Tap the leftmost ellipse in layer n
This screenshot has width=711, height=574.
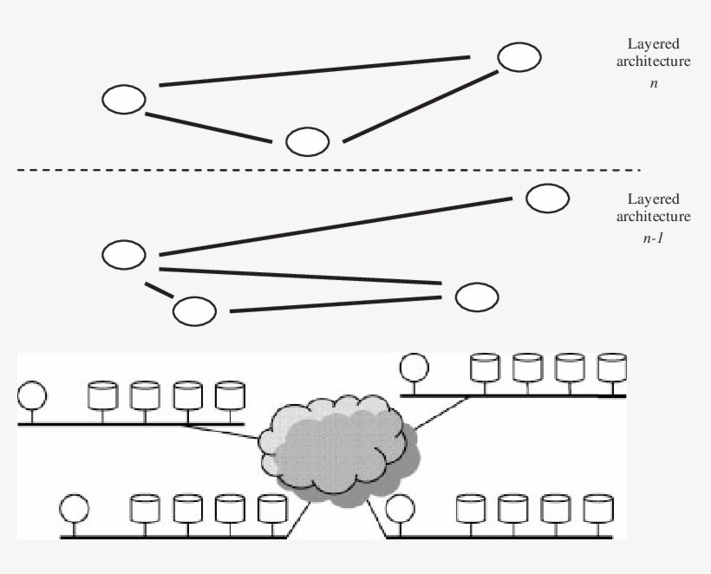(124, 100)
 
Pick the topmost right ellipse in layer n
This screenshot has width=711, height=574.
(519, 57)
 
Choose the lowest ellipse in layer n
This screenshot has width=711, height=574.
(308, 141)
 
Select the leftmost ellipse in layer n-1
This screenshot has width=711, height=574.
(124, 255)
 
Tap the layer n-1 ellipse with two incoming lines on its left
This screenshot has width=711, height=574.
(478, 296)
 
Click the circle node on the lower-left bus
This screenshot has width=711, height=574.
(74, 507)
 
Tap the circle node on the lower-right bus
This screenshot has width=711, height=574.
(400, 507)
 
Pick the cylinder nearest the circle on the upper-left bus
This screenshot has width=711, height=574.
(102, 395)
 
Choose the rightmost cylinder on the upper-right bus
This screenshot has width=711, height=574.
(611, 367)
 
